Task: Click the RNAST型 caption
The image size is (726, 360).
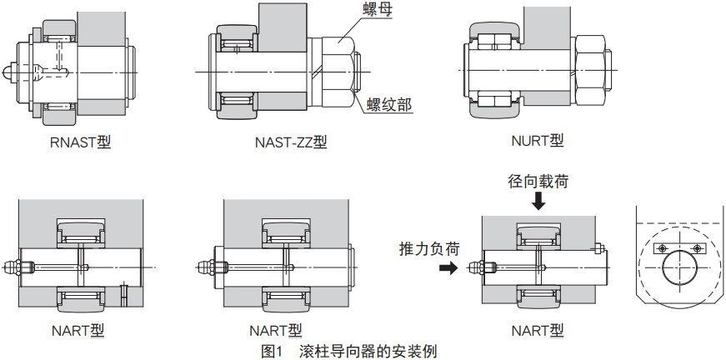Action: pyautogui.click(x=80, y=142)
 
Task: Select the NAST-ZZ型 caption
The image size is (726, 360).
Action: pyautogui.click(x=290, y=142)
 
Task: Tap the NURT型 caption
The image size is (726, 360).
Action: pyautogui.click(x=538, y=140)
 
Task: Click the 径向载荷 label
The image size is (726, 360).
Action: pyautogui.click(x=538, y=181)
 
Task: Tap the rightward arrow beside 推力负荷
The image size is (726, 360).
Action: pyautogui.click(x=448, y=268)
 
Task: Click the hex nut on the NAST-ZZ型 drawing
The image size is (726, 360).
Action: pyautogui.click(x=338, y=71)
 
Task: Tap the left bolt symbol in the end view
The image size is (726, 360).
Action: pyautogui.click(x=662, y=249)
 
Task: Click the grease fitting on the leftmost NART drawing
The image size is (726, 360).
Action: pyautogui.click(x=13, y=267)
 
